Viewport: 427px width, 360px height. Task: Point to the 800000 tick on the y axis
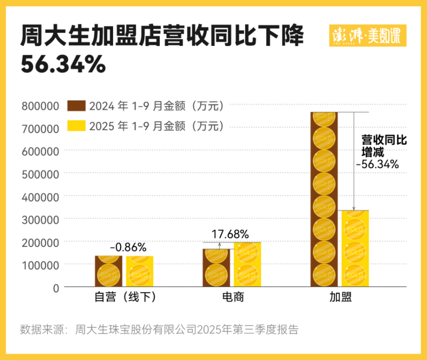40,106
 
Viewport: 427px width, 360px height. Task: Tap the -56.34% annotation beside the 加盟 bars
377,164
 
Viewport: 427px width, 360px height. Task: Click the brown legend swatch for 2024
76,106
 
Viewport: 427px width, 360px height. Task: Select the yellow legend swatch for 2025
76,126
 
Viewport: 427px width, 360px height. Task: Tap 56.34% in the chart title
63,65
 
